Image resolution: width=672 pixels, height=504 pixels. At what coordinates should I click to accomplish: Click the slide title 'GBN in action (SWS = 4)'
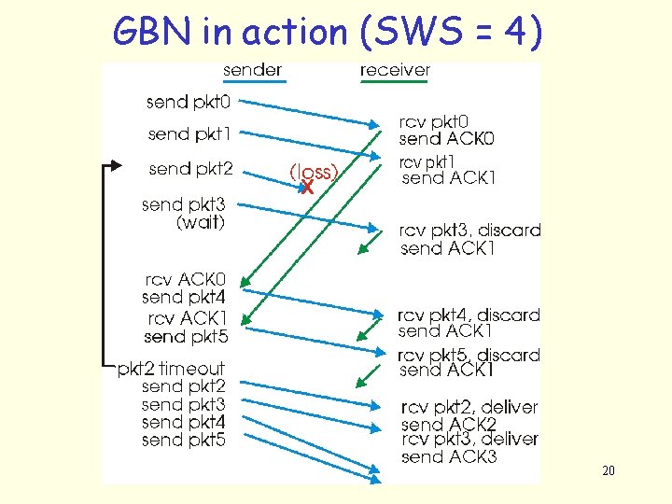(x=327, y=32)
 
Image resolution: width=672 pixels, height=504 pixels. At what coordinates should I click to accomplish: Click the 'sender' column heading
(x=252, y=70)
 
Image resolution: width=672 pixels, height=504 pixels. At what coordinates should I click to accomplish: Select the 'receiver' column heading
(x=395, y=70)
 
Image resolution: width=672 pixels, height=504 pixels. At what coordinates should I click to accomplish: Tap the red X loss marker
(x=307, y=188)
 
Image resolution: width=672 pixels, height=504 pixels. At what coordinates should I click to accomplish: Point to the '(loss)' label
(x=314, y=172)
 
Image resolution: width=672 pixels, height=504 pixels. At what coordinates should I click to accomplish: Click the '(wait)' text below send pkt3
(x=200, y=222)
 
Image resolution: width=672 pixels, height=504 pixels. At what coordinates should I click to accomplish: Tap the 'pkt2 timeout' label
(x=171, y=369)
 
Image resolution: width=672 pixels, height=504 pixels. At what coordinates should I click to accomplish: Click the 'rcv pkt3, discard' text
(x=469, y=231)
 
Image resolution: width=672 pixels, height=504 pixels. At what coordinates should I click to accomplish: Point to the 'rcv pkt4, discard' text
(x=469, y=315)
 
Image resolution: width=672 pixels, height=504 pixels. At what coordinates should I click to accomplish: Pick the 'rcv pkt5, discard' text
(x=469, y=355)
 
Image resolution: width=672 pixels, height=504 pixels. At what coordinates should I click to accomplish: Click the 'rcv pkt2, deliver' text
(x=469, y=407)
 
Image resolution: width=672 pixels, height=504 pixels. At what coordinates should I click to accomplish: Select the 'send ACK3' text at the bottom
(x=449, y=456)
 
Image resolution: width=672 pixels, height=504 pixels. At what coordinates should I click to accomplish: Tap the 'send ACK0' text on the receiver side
(x=446, y=139)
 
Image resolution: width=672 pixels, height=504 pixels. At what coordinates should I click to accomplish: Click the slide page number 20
(x=609, y=471)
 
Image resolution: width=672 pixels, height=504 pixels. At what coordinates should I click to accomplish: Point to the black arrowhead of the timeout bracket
(x=116, y=166)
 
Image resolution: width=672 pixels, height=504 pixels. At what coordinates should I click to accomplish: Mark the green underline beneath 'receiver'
(x=395, y=82)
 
